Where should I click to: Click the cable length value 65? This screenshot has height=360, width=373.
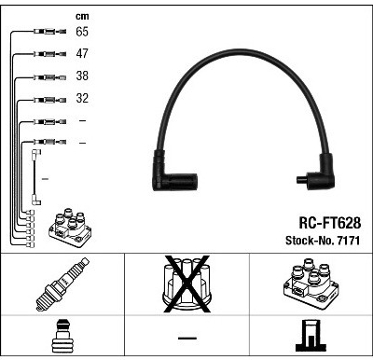tap(82, 32)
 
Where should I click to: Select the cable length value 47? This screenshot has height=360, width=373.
tap(82, 53)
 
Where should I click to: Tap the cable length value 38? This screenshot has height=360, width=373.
tap(82, 76)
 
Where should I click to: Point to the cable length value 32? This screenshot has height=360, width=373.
tap(82, 98)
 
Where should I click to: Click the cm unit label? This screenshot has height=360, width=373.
tap(82, 16)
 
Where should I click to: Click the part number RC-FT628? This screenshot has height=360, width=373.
tap(330, 223)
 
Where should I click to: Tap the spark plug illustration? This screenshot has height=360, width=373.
tap(62, 284)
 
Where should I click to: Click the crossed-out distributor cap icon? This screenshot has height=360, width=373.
tap(186, 284)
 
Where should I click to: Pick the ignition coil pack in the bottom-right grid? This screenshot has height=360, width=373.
tap(311, 284)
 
